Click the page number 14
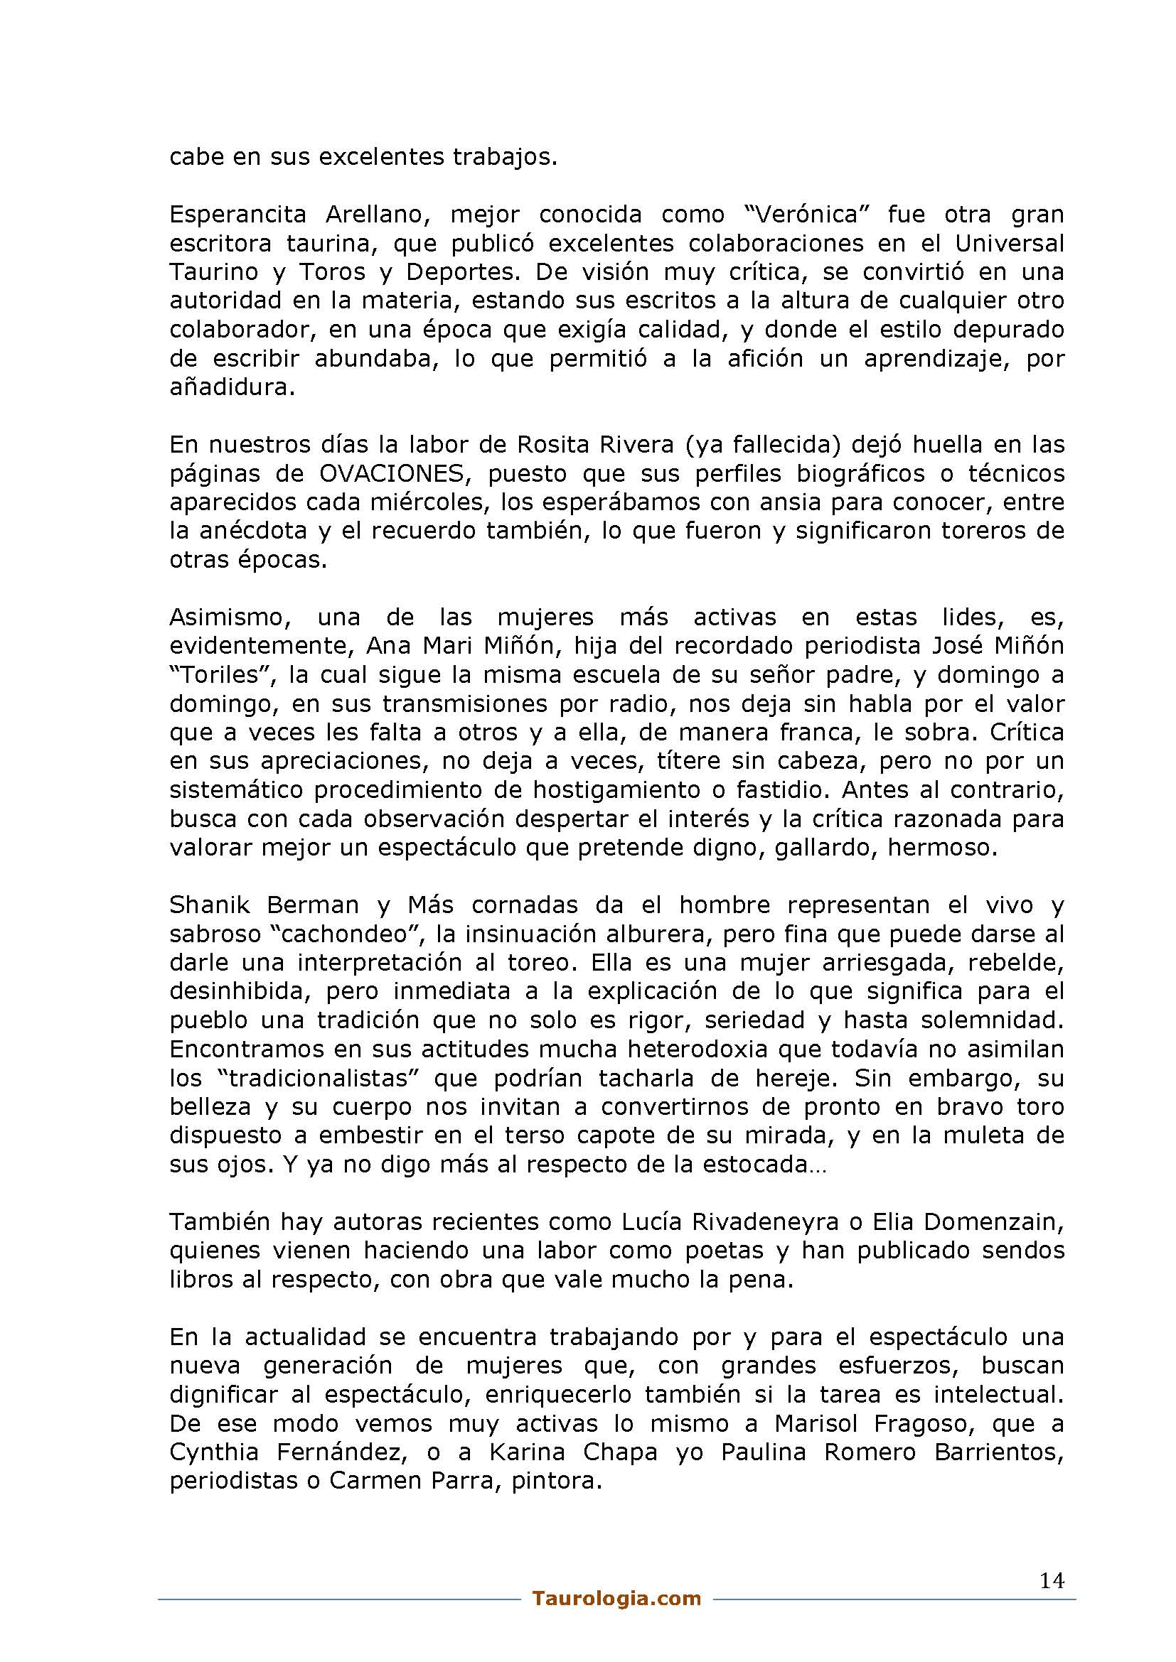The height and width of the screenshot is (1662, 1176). pos(1052,1581)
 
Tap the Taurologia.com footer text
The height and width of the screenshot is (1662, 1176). pos(616,1598)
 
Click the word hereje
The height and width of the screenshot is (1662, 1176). pos(791,1079)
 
